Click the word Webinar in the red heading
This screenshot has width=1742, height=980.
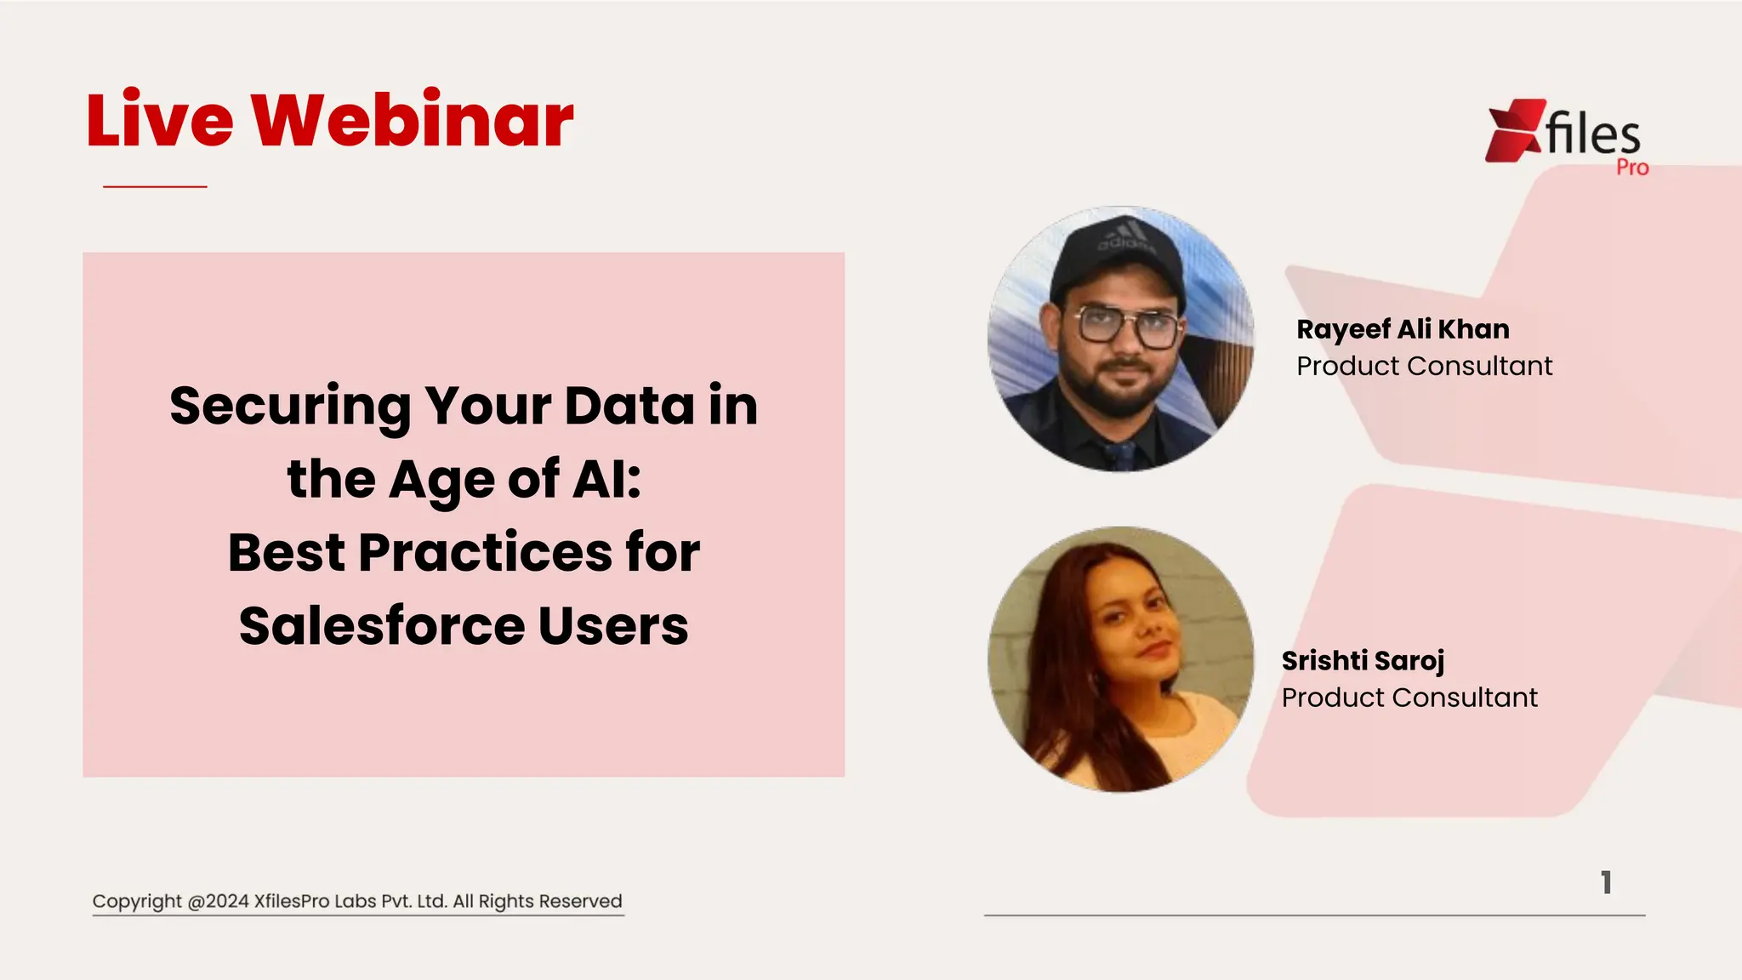point(412,121)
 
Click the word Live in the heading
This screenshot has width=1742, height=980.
point(160,121)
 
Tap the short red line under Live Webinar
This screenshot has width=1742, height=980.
point(155,186)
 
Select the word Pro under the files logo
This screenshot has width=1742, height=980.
point(1632,168)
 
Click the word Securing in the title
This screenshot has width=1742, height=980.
point(289,407)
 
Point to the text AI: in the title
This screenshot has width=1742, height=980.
point(606,480)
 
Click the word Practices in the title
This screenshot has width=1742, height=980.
point(485,553)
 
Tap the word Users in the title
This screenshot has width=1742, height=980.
point(613,627)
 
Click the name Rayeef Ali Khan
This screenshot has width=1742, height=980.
point(1403,329)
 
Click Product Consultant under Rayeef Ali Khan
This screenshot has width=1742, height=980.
point(1424,366)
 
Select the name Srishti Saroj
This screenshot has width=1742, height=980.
point(1363,661)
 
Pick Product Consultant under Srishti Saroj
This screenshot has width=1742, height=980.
point(1409,698)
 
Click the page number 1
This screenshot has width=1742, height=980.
point(1606,882)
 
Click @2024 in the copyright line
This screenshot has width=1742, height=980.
point(218,902)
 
